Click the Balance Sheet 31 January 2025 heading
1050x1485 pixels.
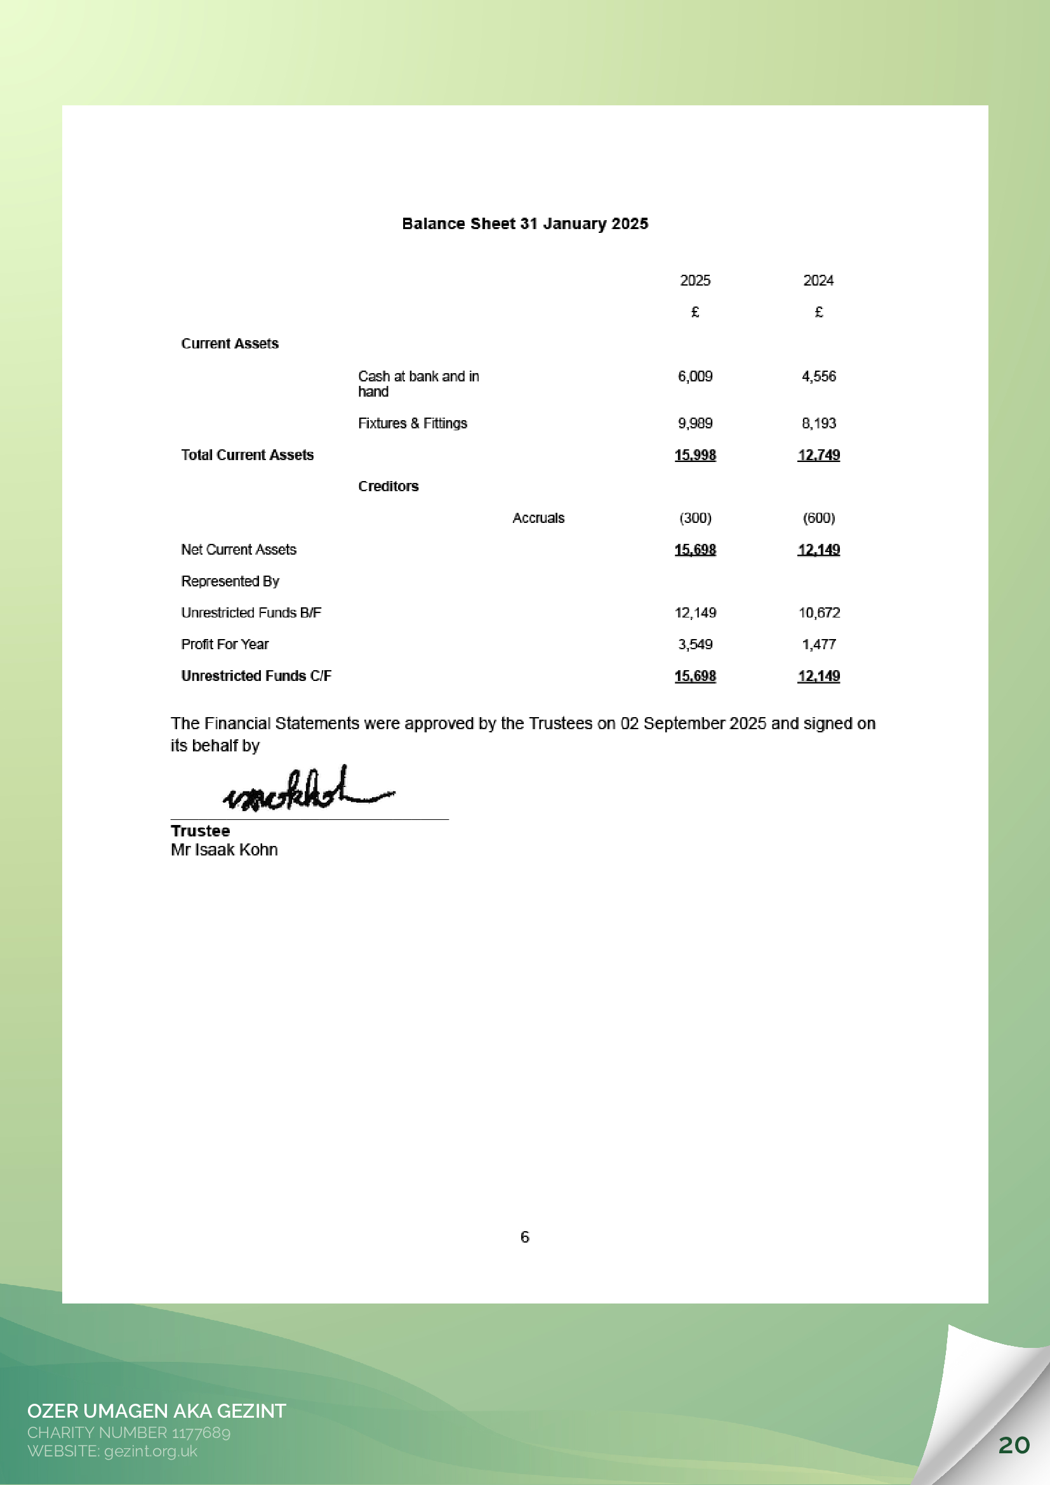[x=524, y=224]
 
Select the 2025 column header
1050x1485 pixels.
[x=695, y=280]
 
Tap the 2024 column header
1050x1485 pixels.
[x=818, y=280]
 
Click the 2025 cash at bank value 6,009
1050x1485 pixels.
[x=695, y=376]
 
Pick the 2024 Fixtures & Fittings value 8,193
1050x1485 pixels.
[x=818, y=424]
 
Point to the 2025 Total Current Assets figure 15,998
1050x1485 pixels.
[x=695, y=455]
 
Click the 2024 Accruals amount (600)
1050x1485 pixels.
[x=818, y=518]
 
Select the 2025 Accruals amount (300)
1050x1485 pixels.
[x=695, y=518]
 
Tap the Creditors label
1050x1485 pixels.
[x=388, y=486]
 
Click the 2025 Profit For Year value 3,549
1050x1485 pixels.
[x=695, y=644]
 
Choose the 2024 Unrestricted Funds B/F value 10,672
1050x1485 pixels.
[x=819, y=612]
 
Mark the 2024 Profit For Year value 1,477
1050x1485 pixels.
[x=818, y=644]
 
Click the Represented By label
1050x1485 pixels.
[x=230, y=581]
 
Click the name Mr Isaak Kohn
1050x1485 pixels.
[x=224, y=850]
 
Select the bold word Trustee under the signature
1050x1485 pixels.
[x=200, y=831]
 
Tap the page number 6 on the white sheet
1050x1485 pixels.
[x=524, y=1237]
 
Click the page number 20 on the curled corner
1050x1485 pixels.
[x=1014, y=1444]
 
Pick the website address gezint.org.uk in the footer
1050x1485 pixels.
[x=150, y=1451]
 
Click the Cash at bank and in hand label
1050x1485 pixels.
[x=418, y=383]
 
